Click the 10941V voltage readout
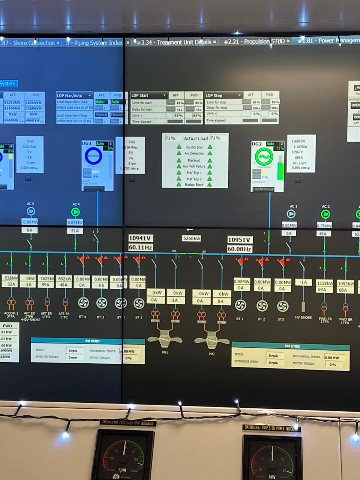point(140,238)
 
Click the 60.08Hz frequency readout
point(239,249)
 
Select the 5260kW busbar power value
point(191,238)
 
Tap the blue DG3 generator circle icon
point(93,156)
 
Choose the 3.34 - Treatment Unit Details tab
point(176,42)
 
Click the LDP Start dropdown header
point(148,95)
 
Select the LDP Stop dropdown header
point(223,95)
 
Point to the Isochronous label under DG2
point(263,189)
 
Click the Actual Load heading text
point(196,138)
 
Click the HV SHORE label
point(303,318)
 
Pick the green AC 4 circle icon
point(75,212)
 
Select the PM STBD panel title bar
point(291,346)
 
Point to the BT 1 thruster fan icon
point(240,305)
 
